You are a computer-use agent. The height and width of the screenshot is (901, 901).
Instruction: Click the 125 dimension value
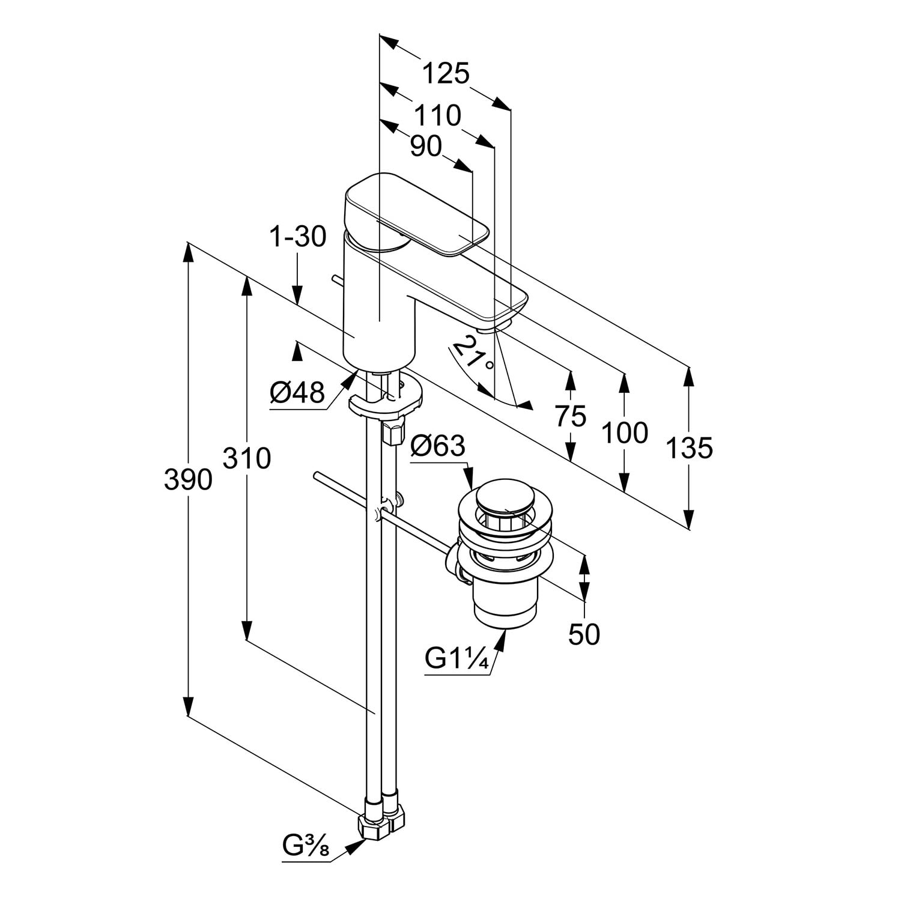pos(445,74)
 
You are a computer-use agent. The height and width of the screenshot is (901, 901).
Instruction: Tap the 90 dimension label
pos(426,146)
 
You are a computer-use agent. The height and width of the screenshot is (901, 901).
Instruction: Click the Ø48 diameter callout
pos(297,393)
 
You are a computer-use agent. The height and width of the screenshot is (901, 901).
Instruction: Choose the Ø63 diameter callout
pos(438,446)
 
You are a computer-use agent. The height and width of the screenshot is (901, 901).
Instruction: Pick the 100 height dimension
pos(625,432)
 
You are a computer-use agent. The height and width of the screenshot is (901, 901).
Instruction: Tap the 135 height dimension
pos(689,447)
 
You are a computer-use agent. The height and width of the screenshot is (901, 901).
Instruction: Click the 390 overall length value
pos(188,480)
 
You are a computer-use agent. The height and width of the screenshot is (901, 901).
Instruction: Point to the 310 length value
pos(247,458)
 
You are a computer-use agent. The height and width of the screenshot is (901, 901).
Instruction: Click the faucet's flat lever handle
pos(420,216)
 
